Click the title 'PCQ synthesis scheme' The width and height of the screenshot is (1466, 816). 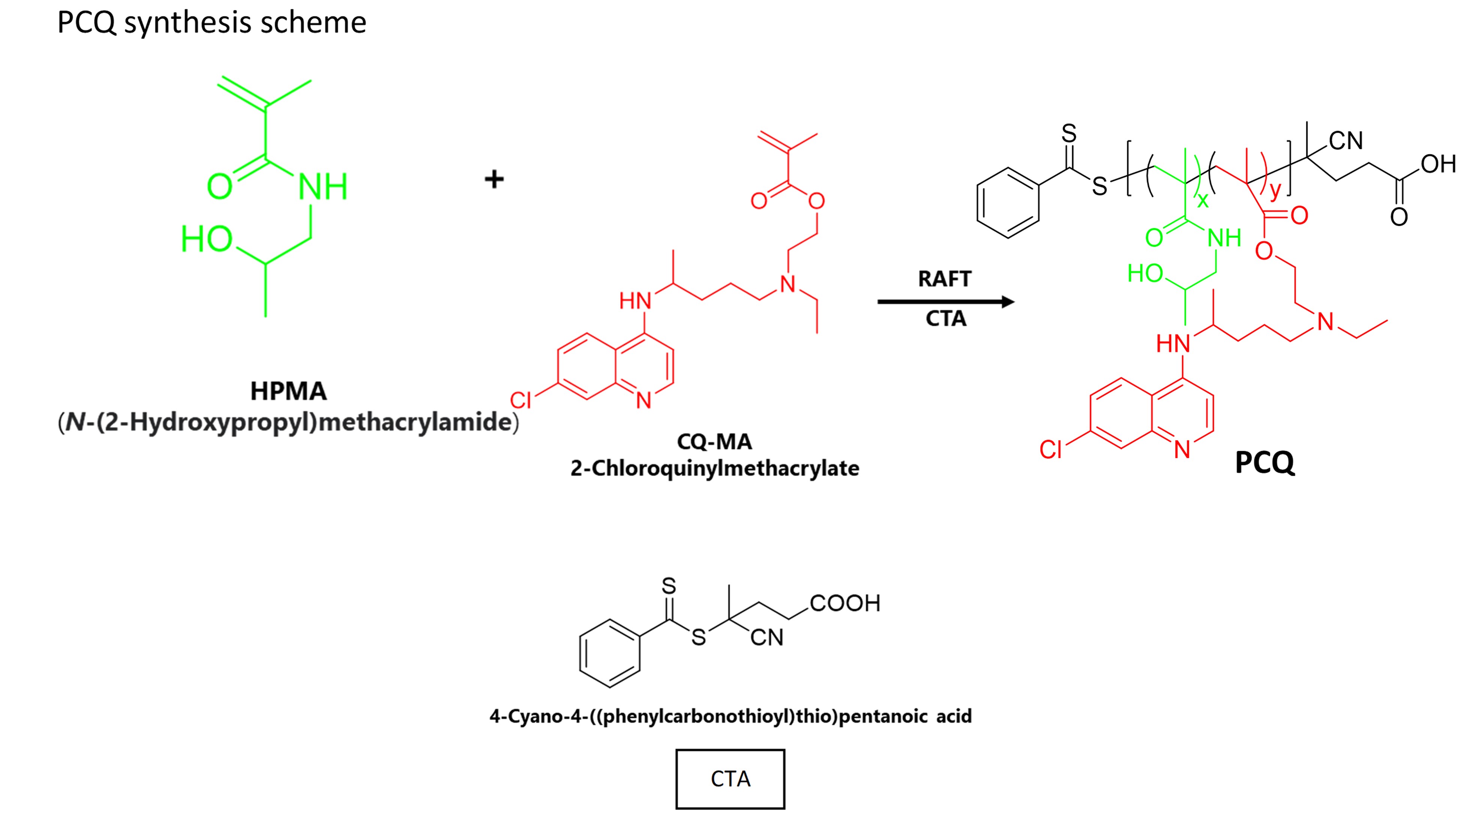212,23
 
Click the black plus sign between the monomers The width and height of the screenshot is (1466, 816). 494,179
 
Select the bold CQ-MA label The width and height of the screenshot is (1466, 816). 714,442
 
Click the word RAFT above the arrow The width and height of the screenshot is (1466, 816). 945,279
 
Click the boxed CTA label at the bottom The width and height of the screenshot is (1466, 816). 730,779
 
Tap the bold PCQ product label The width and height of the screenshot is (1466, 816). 1265,462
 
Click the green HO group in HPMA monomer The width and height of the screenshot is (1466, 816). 206,239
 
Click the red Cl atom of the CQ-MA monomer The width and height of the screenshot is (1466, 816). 521,400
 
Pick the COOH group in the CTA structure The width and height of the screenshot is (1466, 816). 845,603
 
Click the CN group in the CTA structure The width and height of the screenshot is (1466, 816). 767,637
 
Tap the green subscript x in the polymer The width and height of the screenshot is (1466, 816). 1202,200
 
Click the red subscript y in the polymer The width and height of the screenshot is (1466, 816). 1275,190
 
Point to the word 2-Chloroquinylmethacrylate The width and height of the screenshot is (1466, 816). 715,468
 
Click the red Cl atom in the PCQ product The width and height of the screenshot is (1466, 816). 1050,450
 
